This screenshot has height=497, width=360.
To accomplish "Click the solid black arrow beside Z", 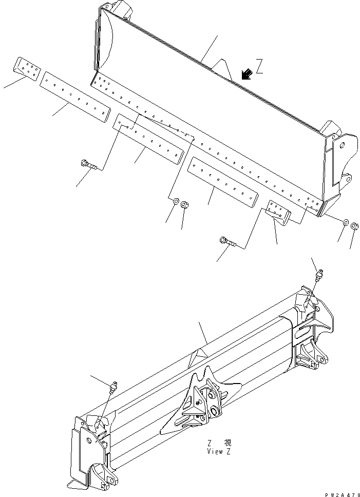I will tap(247, 74).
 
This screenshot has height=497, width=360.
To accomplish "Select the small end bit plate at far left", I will tap(26, 68).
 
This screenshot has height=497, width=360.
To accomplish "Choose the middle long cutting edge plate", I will tap(149, 139).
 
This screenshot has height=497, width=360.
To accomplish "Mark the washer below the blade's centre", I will tap(176, 202).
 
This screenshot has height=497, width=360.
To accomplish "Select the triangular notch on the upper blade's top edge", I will tap(221, 66).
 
